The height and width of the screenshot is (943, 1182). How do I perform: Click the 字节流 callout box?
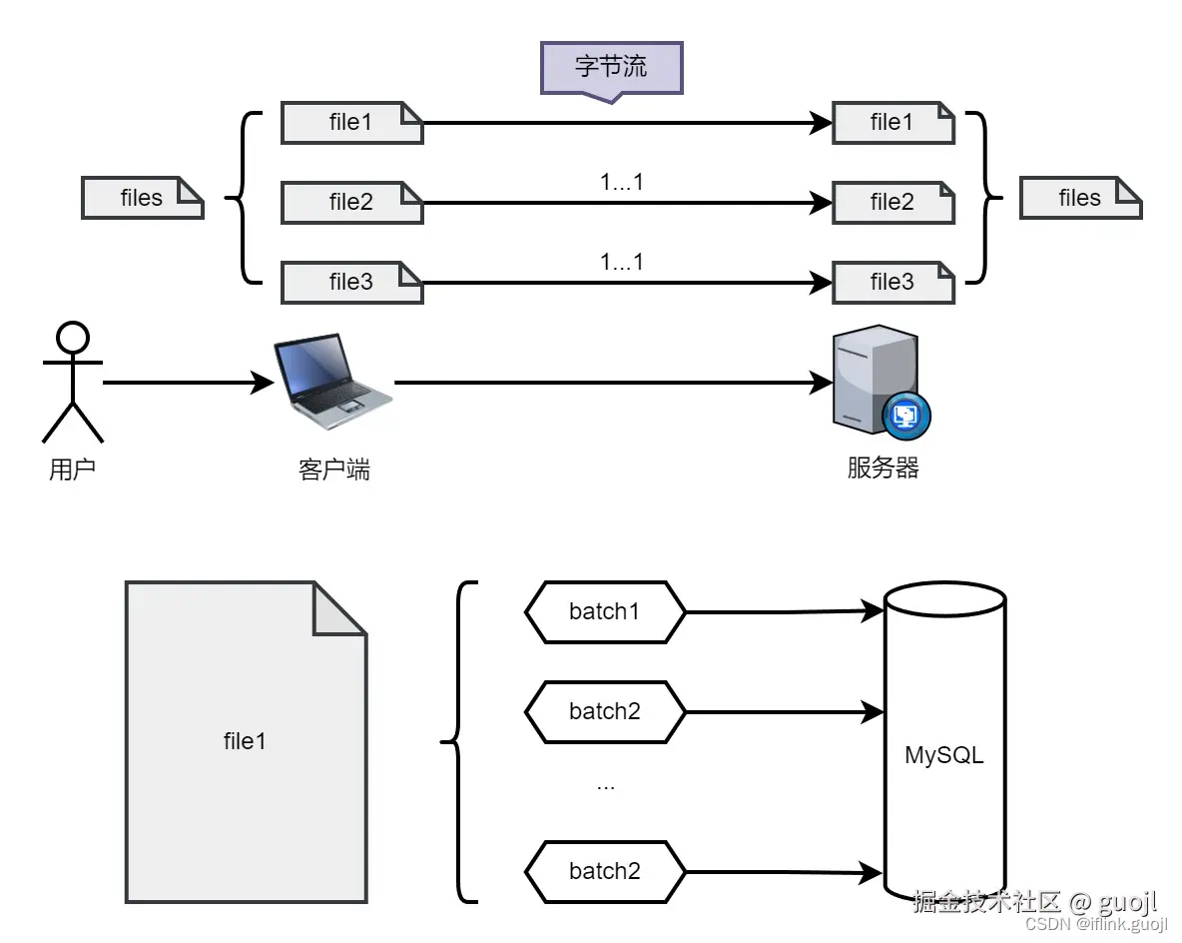click(x=611, y=68)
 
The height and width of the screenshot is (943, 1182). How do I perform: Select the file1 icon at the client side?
click(x=351, y=123)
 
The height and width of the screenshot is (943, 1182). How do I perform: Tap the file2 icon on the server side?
click(x=892, y=203)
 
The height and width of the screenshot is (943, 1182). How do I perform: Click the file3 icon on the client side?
click(x=351, y=283)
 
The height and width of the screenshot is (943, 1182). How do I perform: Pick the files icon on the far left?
click(x=142, y=199)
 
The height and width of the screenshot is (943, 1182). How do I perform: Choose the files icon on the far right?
click(x=1080, y=199)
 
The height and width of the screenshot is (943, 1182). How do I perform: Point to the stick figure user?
click(x=72, y=382)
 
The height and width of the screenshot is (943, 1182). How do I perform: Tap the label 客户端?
click(x=333, y=470)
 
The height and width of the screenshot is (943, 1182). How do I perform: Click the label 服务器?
click(x=883, y=468)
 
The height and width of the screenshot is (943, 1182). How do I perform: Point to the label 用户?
click(x=72, y=470)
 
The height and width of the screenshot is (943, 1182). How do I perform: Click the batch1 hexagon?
click(x=605, y=611)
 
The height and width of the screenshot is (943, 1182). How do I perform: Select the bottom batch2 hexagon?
click(x=605, y=871)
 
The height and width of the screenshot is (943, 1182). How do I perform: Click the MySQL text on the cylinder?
click(x=943, y=755)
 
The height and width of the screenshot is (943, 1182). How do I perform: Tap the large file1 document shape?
click(x=245, y=741)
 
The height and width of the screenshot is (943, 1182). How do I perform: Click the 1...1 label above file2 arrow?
click(x=622, y=183)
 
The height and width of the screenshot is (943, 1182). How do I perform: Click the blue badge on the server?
click(x=906, y=415)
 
